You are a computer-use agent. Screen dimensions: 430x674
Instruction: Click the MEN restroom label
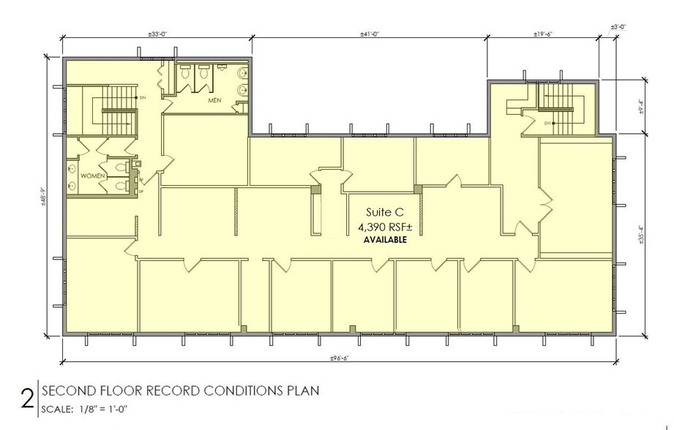(214, 100)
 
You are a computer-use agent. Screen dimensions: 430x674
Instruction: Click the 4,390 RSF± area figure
(381, 227)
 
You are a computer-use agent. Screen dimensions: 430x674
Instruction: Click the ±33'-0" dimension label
(158, 34)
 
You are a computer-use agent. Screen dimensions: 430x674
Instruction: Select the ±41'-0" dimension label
(370, 34)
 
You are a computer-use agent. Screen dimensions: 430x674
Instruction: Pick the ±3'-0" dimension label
(618, 27)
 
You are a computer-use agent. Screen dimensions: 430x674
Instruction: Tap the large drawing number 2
(28, 399)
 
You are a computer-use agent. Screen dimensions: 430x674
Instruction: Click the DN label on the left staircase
(143, 97)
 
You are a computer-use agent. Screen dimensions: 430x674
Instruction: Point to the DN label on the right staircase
(548, 122)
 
